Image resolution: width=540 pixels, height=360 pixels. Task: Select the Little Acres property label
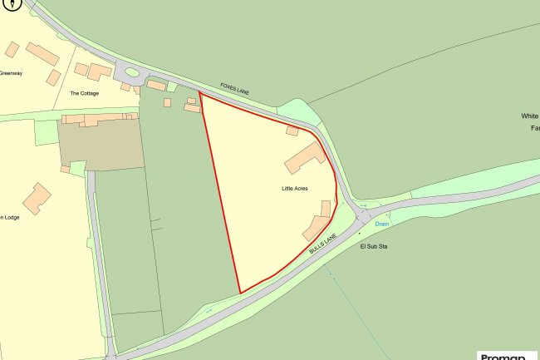coord(294,190)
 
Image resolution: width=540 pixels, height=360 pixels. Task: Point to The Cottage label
coord(84,93)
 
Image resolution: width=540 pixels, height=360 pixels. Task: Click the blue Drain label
coord(381,224)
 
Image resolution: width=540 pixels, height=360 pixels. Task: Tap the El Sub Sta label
coord(375,247)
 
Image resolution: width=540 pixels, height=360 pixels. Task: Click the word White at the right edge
coord(530,116)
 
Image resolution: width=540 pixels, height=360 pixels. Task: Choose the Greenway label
coord(10,72)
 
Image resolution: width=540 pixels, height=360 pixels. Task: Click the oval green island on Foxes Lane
coord(133,72)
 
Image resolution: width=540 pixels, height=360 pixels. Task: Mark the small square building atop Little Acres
coord(292,131)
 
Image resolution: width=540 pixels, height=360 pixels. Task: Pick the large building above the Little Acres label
coord(306,155)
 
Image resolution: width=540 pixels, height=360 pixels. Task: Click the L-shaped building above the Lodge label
coord(37,198)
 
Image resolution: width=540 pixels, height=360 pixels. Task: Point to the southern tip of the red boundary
coord(240,293)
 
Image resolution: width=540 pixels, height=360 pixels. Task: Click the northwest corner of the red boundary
coord(200,94)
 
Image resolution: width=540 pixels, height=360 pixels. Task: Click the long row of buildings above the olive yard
coord(96,121)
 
